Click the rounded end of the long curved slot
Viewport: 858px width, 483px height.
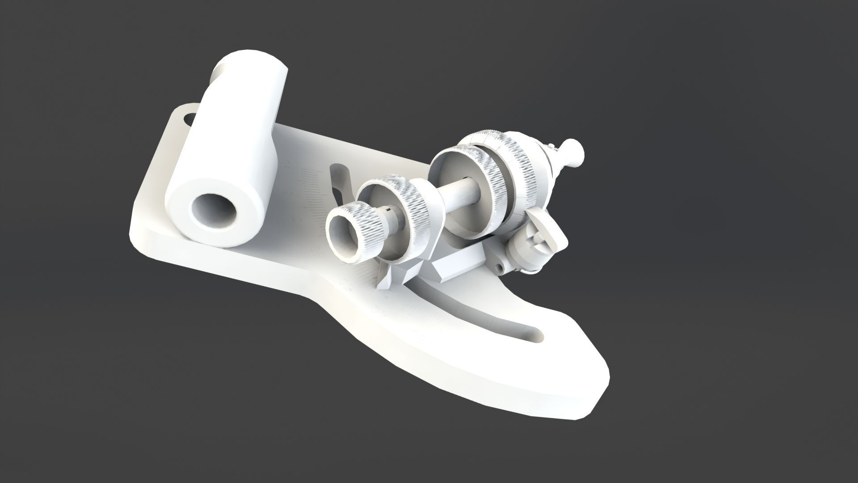click(x=534, y=333)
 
